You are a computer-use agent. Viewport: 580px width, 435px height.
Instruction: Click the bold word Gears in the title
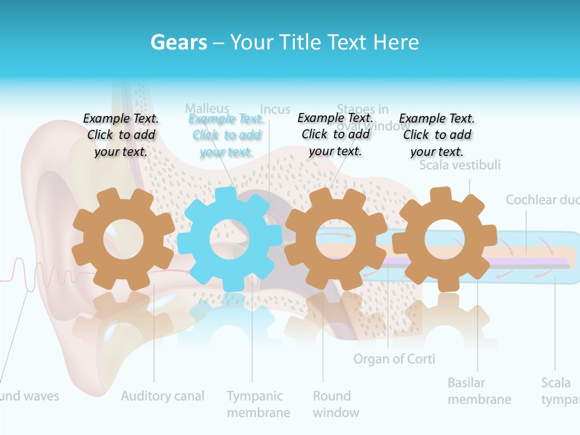(179, 42)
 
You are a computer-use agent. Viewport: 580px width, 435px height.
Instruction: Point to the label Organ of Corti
(394, 359)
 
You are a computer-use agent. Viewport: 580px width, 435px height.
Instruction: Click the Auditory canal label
(163, 396)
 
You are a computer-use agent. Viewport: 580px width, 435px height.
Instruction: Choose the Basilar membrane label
(479, 391)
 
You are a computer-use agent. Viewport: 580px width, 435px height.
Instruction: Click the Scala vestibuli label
(460, 165)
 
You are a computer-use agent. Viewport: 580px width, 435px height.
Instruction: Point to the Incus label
(275, 109)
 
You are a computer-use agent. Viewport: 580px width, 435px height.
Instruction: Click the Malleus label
(207, 108)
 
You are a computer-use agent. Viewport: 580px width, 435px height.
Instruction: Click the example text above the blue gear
(227, 135)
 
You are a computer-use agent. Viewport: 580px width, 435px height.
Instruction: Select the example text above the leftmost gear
(121, 135)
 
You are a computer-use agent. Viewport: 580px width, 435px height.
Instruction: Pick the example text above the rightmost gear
(437, 135)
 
